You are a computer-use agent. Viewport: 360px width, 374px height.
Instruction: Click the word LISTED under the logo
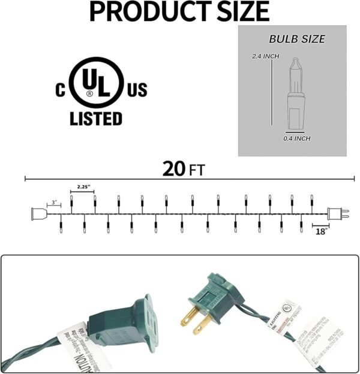[96, 118]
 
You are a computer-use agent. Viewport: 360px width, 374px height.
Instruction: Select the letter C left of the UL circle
[61, 90]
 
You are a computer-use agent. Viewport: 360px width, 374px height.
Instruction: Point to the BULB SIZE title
[296, 39]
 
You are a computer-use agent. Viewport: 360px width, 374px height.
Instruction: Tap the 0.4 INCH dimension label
[296, 138]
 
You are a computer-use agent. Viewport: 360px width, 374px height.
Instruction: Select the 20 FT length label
[183, 168]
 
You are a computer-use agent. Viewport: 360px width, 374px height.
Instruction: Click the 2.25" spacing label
[83, 188]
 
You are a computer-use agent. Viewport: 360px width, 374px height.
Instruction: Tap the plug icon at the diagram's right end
[337, 213]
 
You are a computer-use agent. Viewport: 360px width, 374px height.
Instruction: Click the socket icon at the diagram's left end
[38, 213]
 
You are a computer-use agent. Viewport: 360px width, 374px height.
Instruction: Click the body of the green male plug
[219, 294]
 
